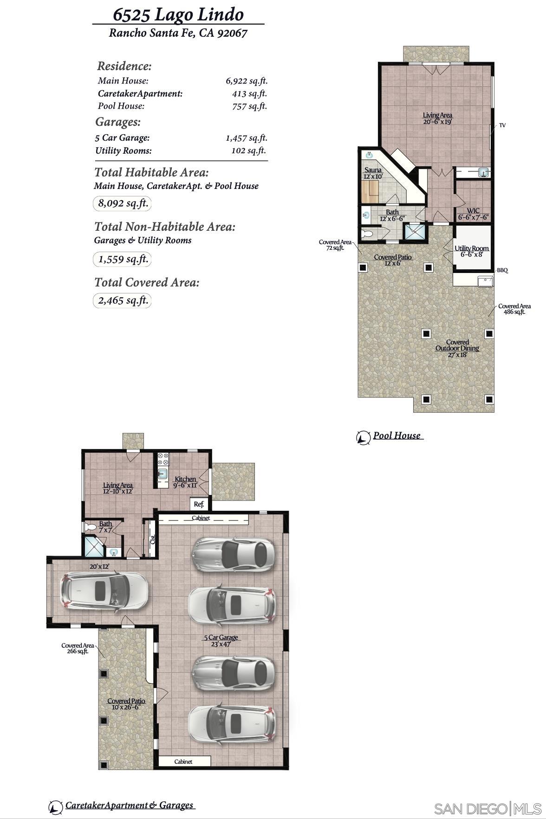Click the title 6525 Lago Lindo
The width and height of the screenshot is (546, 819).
click(178, 15)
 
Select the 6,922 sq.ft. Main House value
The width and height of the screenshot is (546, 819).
click(247, 81)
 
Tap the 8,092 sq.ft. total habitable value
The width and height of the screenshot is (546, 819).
click(123, 203)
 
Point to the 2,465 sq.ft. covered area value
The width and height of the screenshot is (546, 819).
click(123, 300)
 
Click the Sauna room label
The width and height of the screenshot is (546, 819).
click(373, 173)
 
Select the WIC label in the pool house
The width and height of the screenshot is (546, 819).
click(473, 214)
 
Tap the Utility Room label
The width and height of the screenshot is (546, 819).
click(471, 251)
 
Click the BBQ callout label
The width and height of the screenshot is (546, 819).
click(502, 270)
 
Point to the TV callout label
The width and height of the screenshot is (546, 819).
click(502, 125)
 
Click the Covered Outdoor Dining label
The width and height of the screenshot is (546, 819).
click(457, 348)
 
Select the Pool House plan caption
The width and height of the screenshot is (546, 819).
click(397, 436)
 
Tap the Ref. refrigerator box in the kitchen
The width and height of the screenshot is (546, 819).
click(199, 504)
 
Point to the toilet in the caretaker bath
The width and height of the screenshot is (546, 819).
click(90, 527)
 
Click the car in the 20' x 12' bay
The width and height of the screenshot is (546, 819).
click(105, 591)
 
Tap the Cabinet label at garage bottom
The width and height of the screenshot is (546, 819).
click(183, 761)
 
